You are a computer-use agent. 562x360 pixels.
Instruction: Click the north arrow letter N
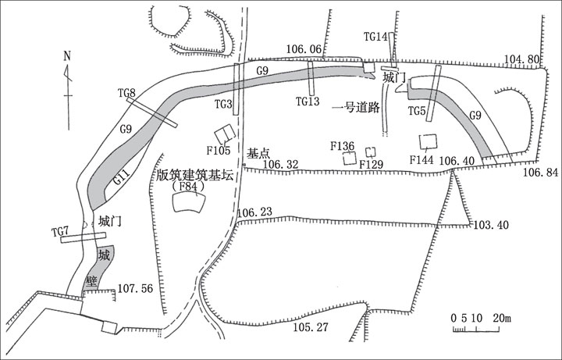pyautogui.click(x=67, y=55)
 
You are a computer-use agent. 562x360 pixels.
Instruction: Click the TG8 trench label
pyautogui.click(x=127, y=94)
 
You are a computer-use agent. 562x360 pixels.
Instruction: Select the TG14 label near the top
pyautogui.click(x=376, y=37)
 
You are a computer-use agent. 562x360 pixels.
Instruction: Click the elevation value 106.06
pyautogui.click(x=304, y=49)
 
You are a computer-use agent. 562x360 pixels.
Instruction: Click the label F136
pyautogui.click(x=343, y=146)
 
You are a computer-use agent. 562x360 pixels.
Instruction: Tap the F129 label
pyautogui.click(x=373, y=164)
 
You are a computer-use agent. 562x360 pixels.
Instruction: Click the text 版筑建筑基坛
pyautogui.click(x=195, y=176)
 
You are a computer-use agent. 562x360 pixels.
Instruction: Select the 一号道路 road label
pyautogui.click(x=355, y=106)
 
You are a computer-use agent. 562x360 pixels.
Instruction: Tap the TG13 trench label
pyautogui.click(x=309, y=101)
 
